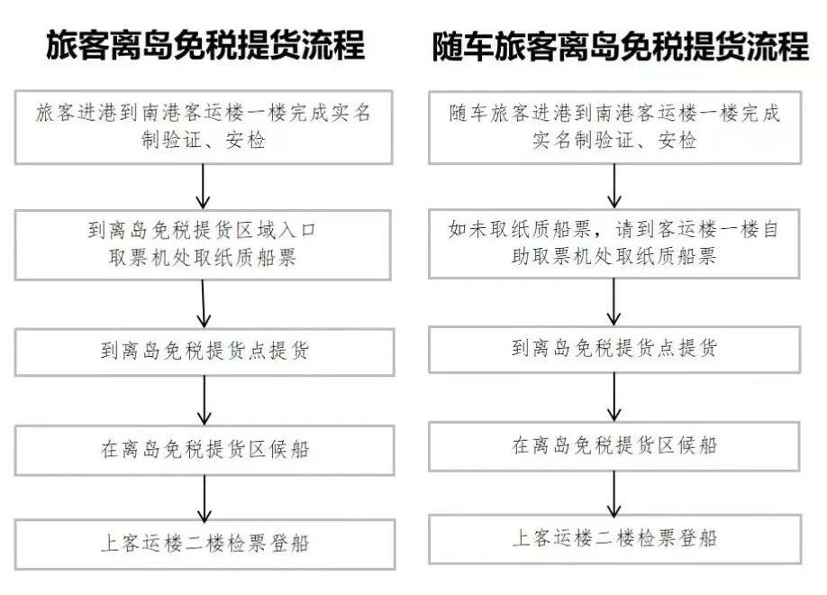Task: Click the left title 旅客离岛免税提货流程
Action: [x=205, y=45]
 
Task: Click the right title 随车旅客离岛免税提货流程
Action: [x=620, y=46]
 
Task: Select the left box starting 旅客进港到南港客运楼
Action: [x=204, y=127]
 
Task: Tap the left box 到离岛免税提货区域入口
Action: [x=203, y=245]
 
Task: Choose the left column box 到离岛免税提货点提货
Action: [x=204, y=352]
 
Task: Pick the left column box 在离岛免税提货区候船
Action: [x=204, y=451]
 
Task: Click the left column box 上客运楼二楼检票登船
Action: [x=204, y=545]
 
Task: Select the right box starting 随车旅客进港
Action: [x=615, y=127]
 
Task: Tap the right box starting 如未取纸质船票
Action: [x=614, y=243]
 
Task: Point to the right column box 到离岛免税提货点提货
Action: [x=614, y=350]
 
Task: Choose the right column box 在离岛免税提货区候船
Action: [x=614, y=446]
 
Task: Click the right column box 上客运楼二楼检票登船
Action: [x=615, y=539]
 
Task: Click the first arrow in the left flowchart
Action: [x=203, y=187]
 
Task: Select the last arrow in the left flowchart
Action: [x=204, y=499]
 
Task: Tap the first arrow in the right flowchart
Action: [x=613, y=186]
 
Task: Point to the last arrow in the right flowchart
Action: [x=613, y=494]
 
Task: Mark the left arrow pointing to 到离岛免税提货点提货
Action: [x=204, y=304]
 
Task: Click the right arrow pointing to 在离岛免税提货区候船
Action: [x=613, y=397]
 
